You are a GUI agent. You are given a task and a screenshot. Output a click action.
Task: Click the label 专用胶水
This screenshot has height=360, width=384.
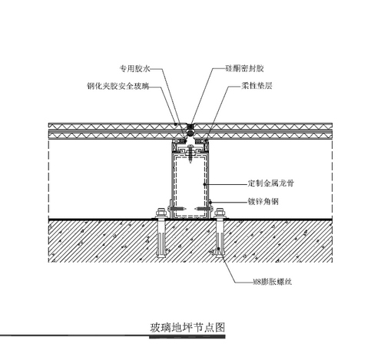click(134, 68)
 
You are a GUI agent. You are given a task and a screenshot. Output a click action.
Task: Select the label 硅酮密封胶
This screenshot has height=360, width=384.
click(244, 68)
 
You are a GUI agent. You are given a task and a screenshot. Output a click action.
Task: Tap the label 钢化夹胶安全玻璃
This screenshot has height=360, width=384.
click(118, 86)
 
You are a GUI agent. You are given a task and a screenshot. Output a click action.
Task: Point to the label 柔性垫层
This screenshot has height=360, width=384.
click(257, 86)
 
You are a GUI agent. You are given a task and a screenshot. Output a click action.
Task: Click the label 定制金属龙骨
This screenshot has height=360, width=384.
click(271, 183)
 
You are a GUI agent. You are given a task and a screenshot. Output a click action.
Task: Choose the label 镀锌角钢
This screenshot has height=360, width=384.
click(263, 202)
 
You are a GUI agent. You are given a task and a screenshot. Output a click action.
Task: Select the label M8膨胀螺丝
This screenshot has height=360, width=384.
click(273, 282)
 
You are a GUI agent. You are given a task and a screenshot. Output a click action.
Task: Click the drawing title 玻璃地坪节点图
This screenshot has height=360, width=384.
click(187, 327)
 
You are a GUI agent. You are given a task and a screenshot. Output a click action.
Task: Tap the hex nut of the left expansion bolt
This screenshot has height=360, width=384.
click(161, 213)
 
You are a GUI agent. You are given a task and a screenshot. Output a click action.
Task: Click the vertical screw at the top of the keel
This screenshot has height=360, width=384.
click(190, 153)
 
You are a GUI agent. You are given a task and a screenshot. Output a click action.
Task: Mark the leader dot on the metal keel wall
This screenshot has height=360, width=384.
click(204, 184)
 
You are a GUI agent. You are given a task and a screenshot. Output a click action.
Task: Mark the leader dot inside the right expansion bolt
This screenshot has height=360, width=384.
click(218, 249)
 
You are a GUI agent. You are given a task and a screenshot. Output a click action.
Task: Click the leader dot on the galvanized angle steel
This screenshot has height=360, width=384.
click(210, 202)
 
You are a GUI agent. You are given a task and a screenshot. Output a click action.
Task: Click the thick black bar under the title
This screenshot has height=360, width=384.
click(187, 337)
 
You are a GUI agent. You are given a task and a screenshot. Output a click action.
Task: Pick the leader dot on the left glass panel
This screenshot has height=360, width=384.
click(176, 124)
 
